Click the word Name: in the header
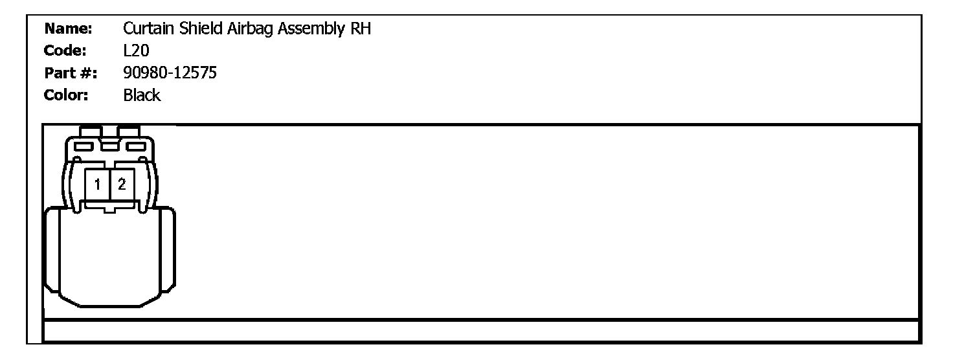coord(69,29)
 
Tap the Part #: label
coord(71,73)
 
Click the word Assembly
coord(310,30)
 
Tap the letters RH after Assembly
coord(361,29)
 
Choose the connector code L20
coord(136,51)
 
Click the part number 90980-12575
coord(170,73)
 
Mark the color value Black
coord(141,95)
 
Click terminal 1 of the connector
coord(97,185)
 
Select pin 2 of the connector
coord(121,185)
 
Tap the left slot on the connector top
coord(84,146)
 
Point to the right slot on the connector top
coord(135,146)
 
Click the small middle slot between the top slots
coord(109,147)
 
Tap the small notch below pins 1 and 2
coord(109,209)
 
